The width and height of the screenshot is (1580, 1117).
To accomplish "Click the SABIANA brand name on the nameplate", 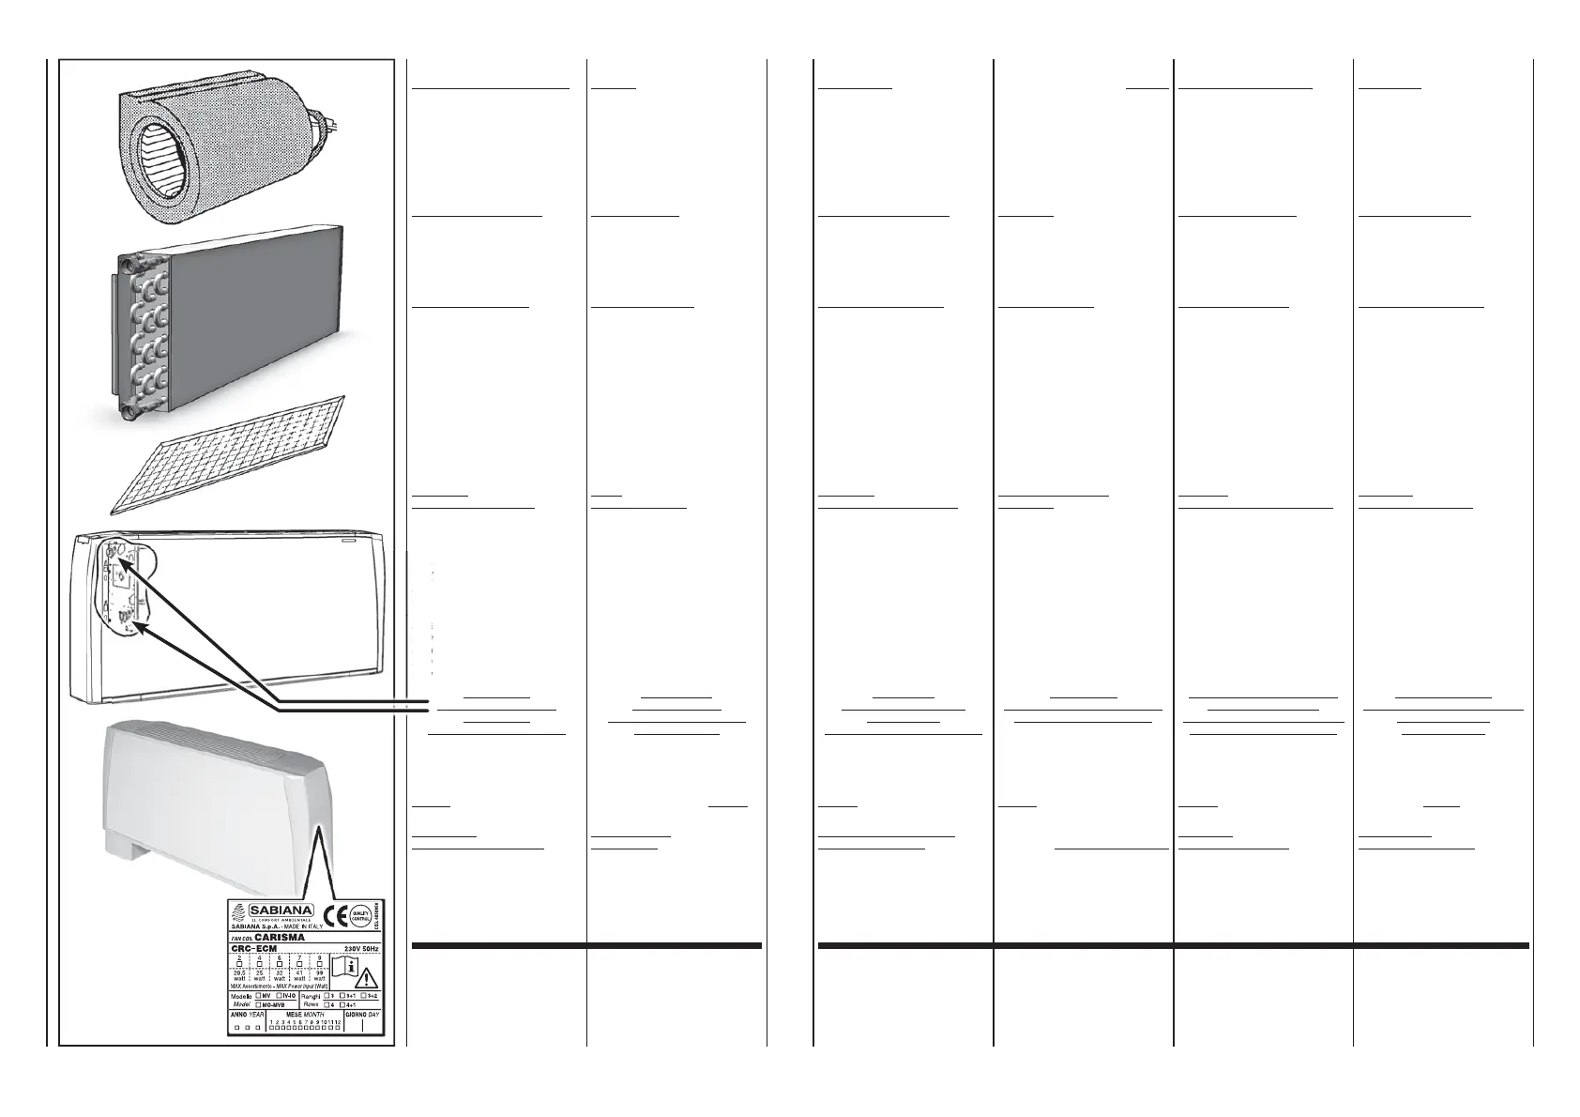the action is click(x=281, y=910).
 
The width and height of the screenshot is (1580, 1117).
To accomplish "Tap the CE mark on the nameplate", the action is click(x=335, y=916).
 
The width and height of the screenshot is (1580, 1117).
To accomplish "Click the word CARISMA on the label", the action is click(x=281, y=937).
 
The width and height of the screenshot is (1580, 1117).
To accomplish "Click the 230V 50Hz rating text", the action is click(x=361, y=948).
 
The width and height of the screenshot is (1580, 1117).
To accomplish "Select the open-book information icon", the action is click(x=344, y=967).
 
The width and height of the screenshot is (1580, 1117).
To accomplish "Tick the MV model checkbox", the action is click(x=259, y=995).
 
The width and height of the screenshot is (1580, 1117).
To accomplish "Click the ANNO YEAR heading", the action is click(x=246, y=1015).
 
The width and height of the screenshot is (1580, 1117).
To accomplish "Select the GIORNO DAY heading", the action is click(x=362, y=1015).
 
